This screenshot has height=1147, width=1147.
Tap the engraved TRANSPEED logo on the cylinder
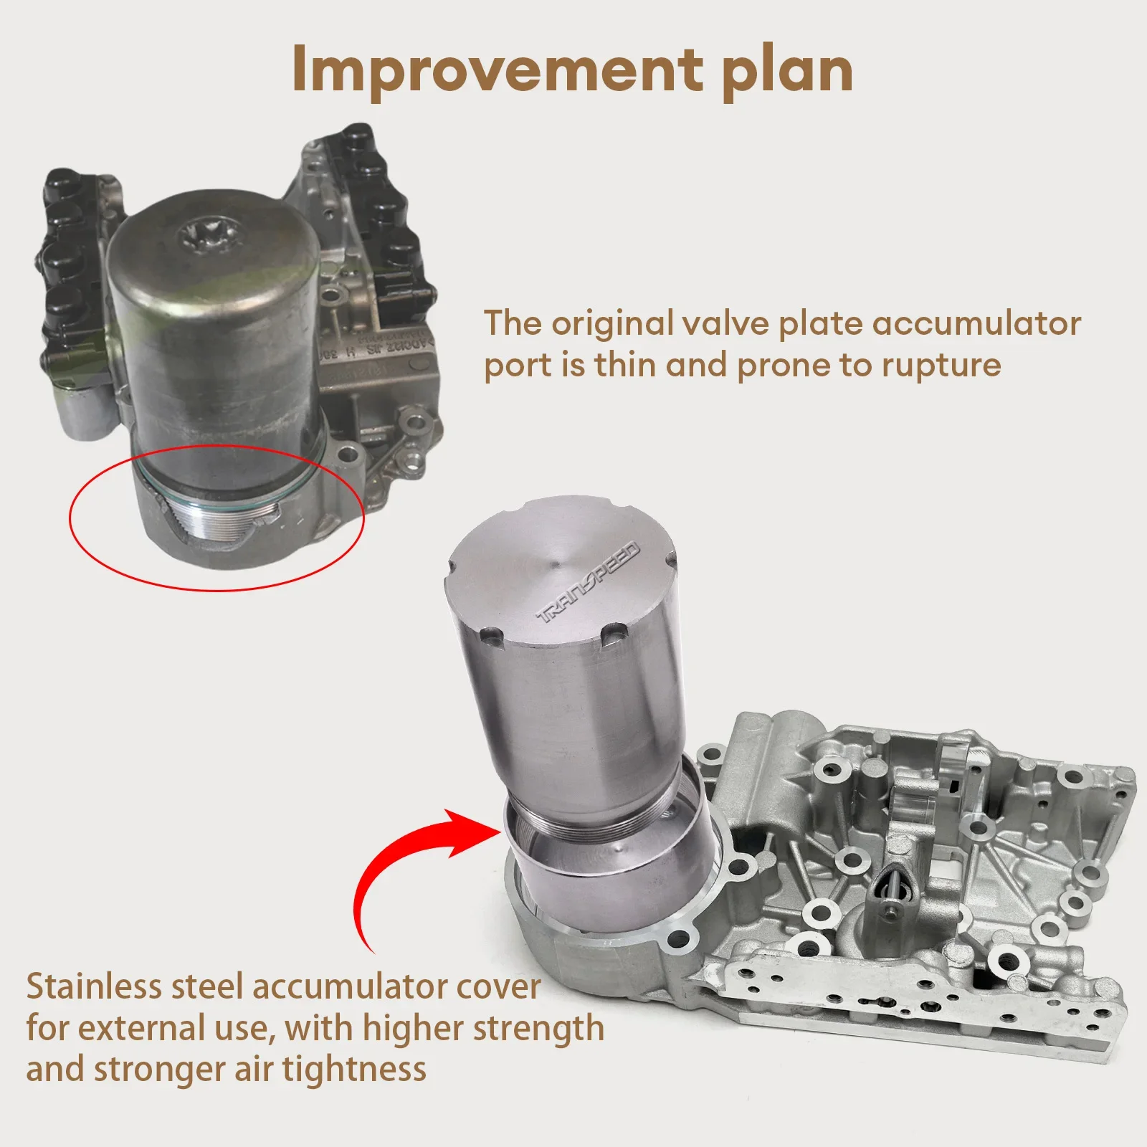click(588, 583)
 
